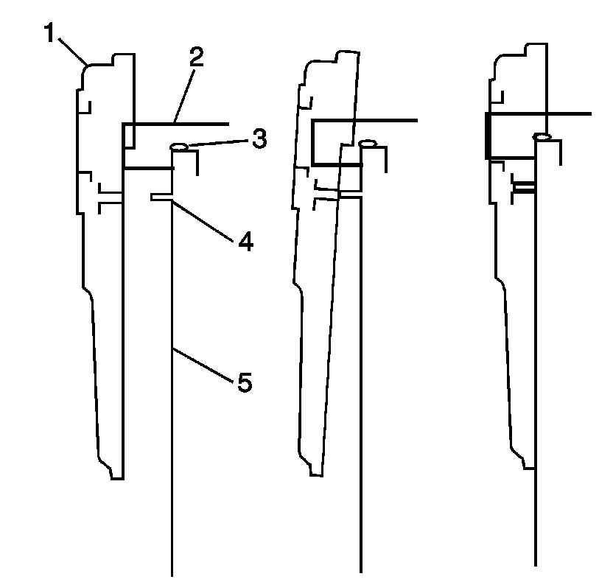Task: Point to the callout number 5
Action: click(x=245, y=382)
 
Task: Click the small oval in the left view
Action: click(x=180, y=147)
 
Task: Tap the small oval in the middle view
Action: click(x=368, y=143)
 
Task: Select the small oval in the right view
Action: click(x=542, y=136)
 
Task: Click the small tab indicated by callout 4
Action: click(x=161, y=197)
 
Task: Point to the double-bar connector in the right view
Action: click(x=525, y=189)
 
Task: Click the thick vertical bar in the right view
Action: click(x=487, y=136)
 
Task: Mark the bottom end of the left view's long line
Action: click(x=172, y=573)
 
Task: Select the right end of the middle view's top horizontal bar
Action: click(x=416, y=119)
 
